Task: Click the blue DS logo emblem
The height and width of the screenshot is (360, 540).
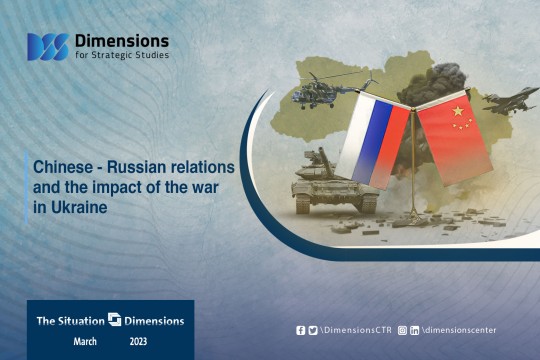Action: pyautogui.click(x=48, y=47)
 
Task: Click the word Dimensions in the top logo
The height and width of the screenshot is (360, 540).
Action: pyautogui.click(x=122, y=41)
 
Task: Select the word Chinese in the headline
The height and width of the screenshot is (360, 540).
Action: pyautogui.click(x=63, y=167)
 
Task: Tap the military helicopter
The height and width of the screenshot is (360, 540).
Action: pyautogui.click(x=332, y=90)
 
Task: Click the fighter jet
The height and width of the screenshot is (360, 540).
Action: pyautogui.click(x=510, y=101)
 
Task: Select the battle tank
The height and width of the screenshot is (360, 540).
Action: pyautogui.click(x=332, y=183)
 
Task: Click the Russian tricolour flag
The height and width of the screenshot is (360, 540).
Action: pyautogui.click(x=373, y=141)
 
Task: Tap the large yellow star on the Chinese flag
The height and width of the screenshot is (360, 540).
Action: pyautogui.click(x=458, y=111)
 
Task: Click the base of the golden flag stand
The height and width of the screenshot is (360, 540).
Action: pyautogui.click(x=413, y=216)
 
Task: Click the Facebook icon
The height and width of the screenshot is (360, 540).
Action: pyautogui.click(x=300, y=330)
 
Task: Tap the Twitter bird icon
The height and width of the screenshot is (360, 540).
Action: pyautogui.click(x=313, y=330)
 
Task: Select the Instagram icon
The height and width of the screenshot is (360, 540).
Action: pyautogui.click(x=402, y=330)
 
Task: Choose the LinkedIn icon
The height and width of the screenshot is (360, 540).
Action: pyautogui.click(x=414, y=331)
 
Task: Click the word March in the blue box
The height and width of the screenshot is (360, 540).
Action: pyautogui.click(x=85, y=341)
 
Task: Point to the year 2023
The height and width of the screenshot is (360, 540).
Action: pyautogui.click(x=138, y=341)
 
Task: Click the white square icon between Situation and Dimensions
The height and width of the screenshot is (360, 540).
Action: pyautogui.click(x=114, y=319)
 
